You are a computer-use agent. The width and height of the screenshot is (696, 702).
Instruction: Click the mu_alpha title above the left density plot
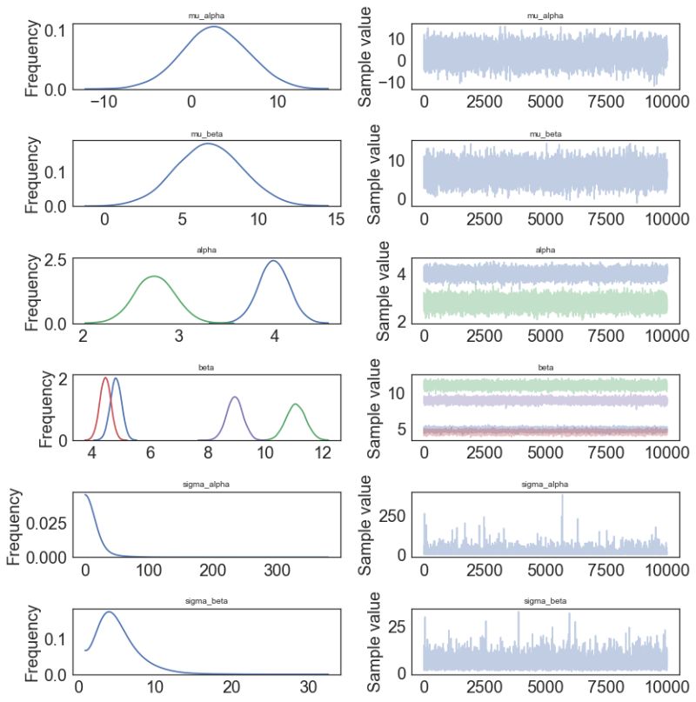coord(205,16)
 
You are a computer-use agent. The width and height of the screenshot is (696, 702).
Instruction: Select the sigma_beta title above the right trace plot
coord(545,601)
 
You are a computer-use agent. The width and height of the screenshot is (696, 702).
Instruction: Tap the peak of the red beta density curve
coord(105,378)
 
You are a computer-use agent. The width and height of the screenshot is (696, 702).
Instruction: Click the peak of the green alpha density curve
coord(154,277)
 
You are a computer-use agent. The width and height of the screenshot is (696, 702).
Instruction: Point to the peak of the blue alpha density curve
coord(273,261)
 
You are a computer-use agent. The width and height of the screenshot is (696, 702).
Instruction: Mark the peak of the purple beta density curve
coord(234,397)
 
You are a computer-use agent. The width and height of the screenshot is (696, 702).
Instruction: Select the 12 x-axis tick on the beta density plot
coord(323,453)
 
